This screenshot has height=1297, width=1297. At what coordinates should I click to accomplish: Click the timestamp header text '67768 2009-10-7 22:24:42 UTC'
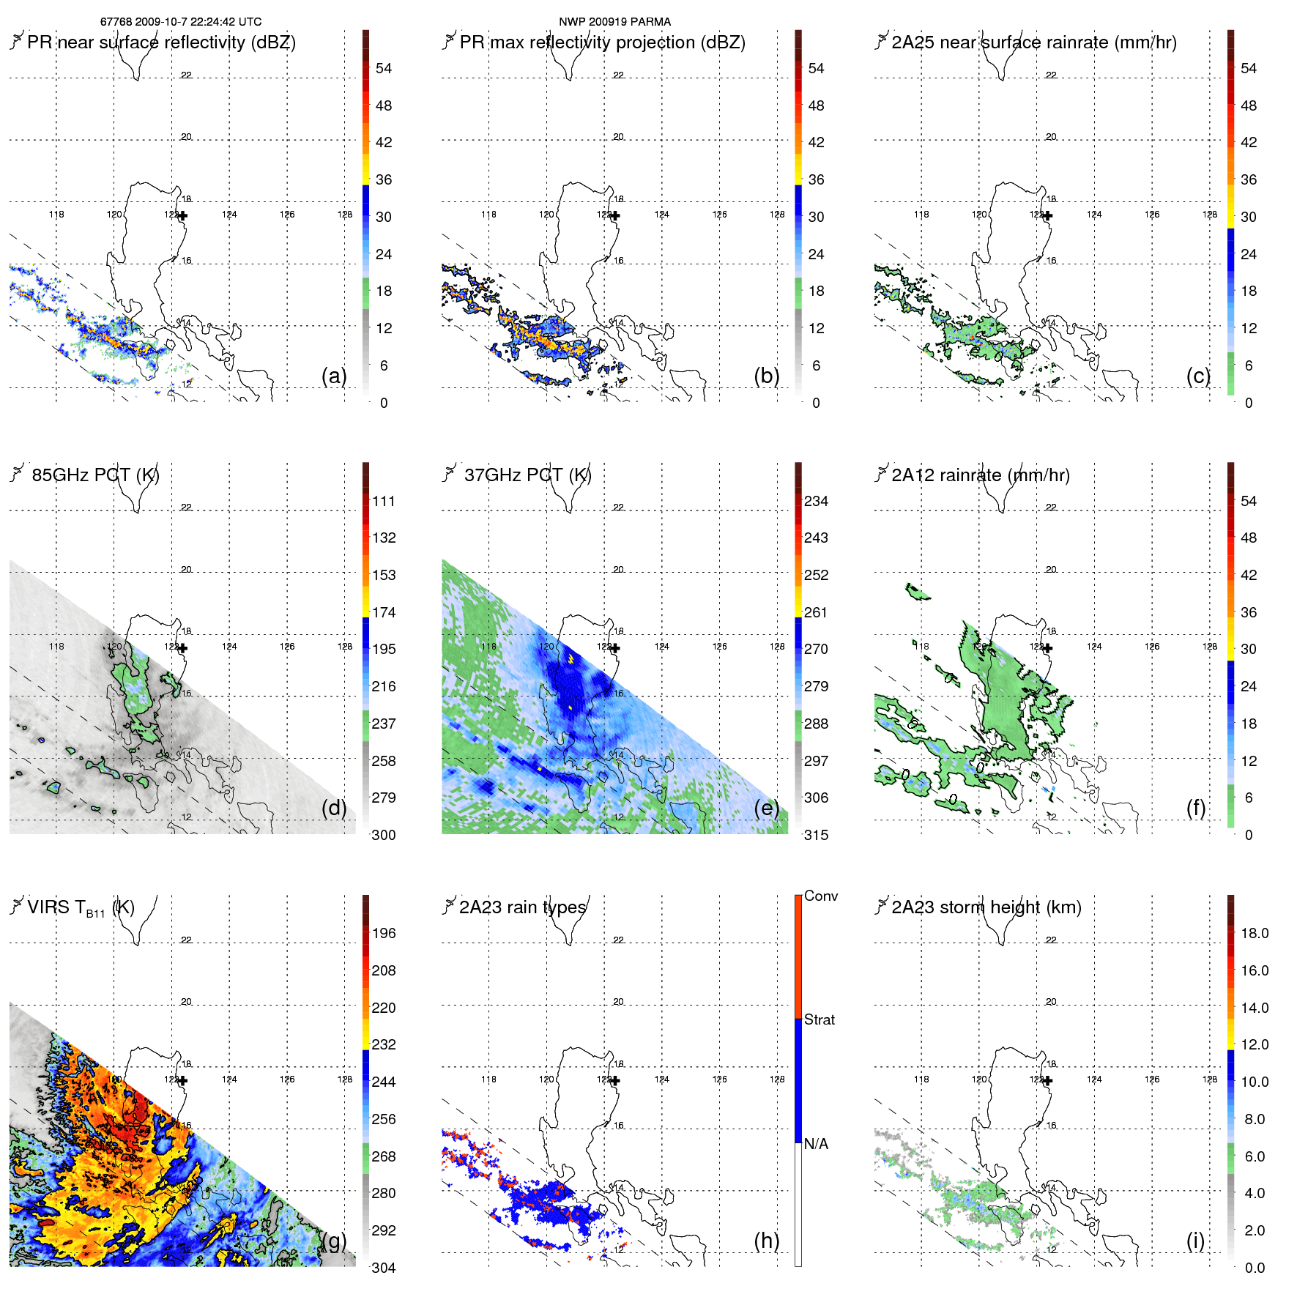pyautogui.click(x=180, y=22)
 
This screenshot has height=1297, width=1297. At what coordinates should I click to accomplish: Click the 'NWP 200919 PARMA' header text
pyautogui.click(x=614, y=22)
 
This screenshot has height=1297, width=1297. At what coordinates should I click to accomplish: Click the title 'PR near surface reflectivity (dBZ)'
pyautogui.click(x=161, y=42)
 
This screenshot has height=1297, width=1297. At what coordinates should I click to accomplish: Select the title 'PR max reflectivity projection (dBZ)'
pyautogui.click(x=602, y=42)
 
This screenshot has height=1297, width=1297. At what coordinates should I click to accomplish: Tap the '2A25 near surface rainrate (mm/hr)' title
pyautogui.click(x=1034, y=42)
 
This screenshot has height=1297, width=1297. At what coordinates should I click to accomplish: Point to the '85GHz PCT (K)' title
pyautogui.click(x=95, y=475)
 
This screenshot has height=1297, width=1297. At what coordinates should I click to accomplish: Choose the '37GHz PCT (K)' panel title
pyautogui.click(x=527, y=475)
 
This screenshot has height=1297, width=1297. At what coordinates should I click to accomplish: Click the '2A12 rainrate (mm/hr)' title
pyautogui.click(x=981, y=475)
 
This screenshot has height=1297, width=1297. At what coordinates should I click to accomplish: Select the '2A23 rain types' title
pyautogui.click(x=522, y=908)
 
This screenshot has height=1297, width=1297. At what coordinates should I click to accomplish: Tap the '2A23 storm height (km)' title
pyautogui.click(x=986, y=908)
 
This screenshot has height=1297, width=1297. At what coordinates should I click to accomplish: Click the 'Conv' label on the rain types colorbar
pyautogui.click(x=820, y=896)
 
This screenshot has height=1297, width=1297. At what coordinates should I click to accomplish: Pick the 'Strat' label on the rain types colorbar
pyautogui.click(x=819, y=1020)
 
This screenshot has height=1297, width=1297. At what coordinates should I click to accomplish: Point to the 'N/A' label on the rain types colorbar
pyautogui.click(x=816, y=1144)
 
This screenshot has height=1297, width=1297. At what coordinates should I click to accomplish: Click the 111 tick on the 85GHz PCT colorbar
pyautogui.click(x=384, y=502)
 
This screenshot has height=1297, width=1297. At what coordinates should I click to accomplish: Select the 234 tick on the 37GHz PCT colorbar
pyautogui.click(x=816, y=502)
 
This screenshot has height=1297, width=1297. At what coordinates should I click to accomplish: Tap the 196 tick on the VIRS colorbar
pyautogui.click(x=384, y=934)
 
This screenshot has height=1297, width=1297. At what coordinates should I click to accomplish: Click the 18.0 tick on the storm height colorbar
pyautogui.click(x=1254, y=934)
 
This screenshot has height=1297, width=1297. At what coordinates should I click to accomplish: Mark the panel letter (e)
pyautogui.click(x=766, y=809)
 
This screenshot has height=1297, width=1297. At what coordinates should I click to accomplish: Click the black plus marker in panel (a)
pyautogui.click(x=182, y=216)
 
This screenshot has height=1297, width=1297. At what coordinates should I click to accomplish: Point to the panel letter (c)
pyautogui.click(x=1198, y=376)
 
